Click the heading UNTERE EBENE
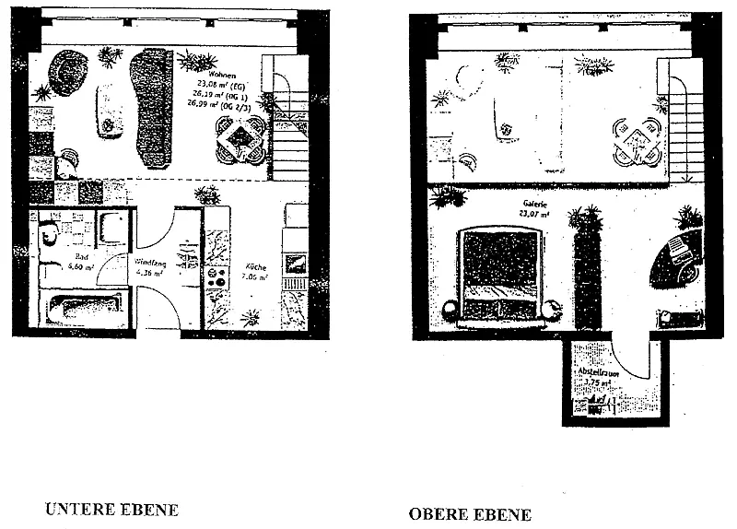pos(111,509)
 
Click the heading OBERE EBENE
pos(470,513)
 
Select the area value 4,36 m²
pos(148,272)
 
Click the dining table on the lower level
pos(241,137)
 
